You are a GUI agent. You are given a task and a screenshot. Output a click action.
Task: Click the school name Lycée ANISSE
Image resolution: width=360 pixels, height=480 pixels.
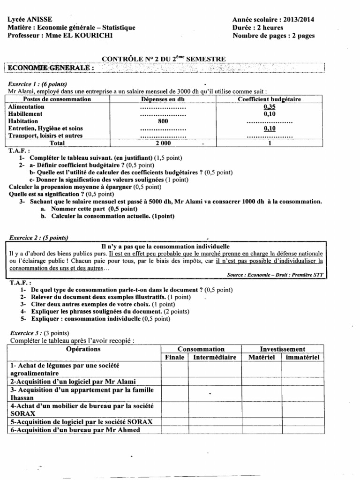[30, 19]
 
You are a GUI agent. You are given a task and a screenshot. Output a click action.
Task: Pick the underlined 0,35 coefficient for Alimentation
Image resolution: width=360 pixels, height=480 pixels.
[269, 106]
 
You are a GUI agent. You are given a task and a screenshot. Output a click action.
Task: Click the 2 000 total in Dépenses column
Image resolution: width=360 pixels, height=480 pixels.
[163, 143]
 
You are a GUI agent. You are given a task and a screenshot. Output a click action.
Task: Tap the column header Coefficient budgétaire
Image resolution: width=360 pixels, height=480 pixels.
[269, 99]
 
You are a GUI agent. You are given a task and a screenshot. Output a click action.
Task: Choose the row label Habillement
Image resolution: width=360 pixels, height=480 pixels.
[26, 113]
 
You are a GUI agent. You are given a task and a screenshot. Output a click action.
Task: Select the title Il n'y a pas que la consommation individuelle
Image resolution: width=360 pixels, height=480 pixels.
[165, 246]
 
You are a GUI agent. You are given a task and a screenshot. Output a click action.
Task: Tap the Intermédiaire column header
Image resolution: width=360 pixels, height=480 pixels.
[214, 357]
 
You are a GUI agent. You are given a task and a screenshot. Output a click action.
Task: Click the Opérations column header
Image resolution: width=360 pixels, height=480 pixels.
[83, 349]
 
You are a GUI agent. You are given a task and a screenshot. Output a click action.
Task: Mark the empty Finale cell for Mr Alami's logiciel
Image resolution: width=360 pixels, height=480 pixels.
[174, 382]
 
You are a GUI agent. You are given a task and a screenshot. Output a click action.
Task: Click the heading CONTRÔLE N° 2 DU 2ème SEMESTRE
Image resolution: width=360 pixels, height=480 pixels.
[164, 59]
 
